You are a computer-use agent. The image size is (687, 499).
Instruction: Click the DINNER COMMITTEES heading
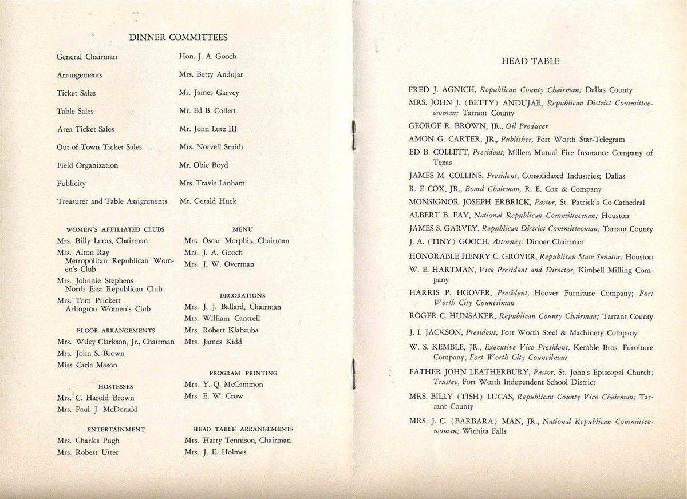[178, 38]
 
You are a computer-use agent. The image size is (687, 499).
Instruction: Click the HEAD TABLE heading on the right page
[530, 61]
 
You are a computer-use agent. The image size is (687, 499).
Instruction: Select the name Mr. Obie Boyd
[203, 165]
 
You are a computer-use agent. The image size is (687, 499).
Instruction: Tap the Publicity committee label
[71, 184]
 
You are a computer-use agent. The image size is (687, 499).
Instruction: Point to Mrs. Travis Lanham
[211, 183]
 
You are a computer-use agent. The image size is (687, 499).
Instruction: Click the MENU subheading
[243, 229]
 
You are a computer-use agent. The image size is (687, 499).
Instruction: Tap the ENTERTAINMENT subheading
[116, 429]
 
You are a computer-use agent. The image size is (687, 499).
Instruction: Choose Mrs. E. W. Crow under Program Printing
[214, 396]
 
